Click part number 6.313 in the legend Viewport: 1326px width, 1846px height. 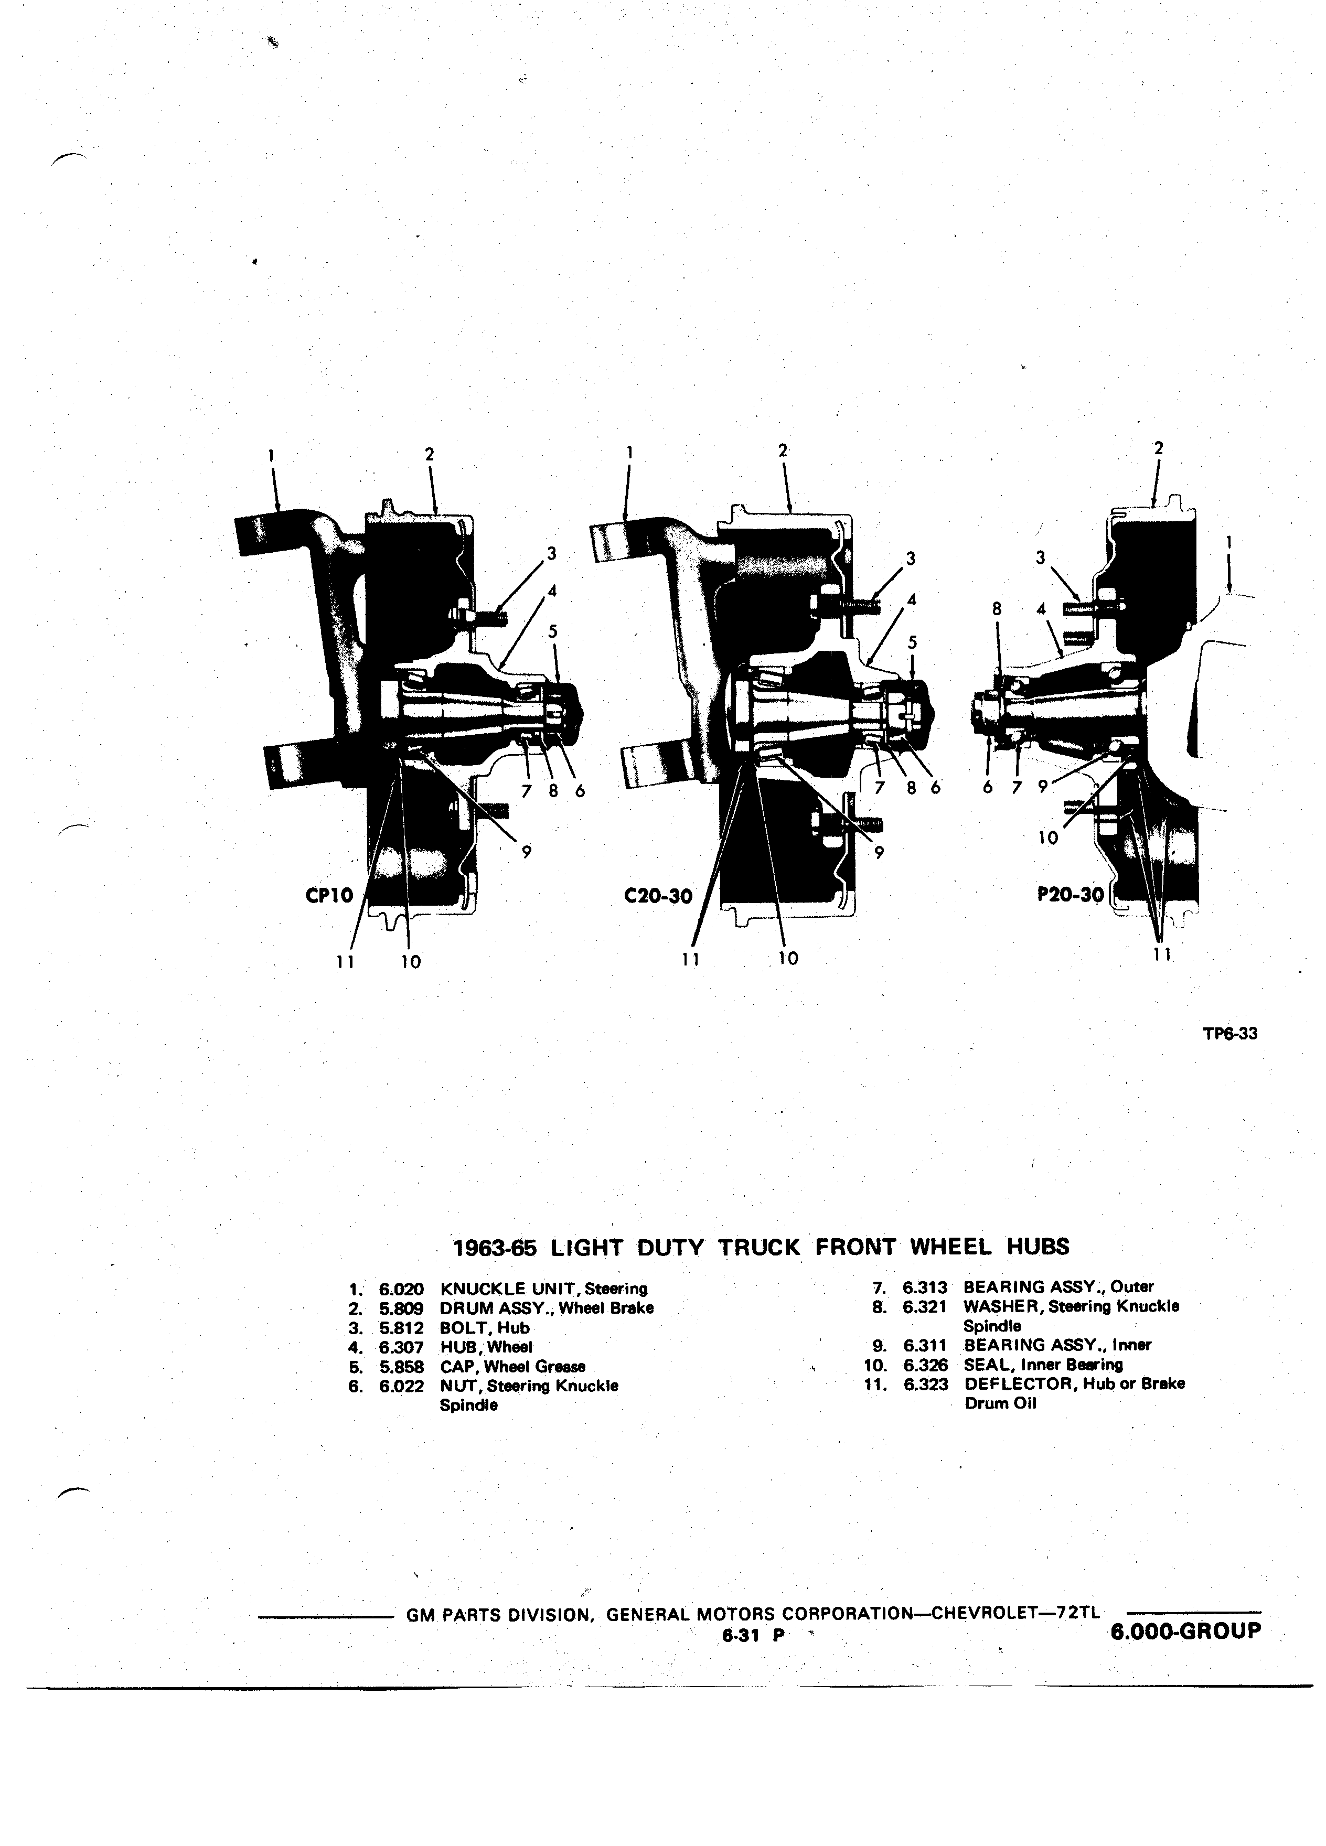point(925,1287)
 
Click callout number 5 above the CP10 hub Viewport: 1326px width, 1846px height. point(553,630)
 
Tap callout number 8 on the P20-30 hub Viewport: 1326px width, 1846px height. point(996,607)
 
